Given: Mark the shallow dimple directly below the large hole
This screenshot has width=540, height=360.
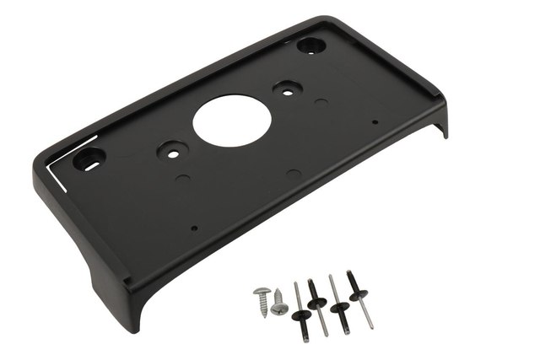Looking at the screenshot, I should click(x=290, y=172).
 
